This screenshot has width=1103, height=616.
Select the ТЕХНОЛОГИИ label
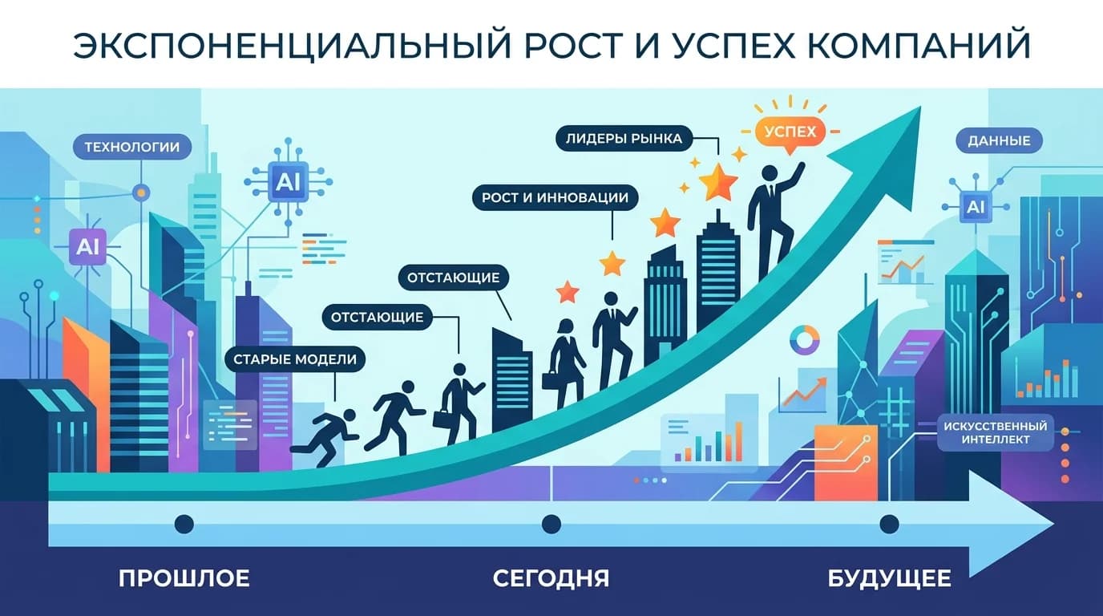pos(132,147)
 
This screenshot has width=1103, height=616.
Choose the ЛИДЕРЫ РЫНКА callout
pos(624,139)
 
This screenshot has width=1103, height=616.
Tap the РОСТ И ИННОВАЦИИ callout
pos(555,197)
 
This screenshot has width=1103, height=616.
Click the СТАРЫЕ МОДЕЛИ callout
pos(295,359)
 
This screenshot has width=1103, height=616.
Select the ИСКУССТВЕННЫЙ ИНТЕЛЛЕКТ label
pos(997,432)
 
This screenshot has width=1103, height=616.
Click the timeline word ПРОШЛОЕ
pos(184,577)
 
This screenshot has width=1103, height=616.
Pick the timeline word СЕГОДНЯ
pos(551,577)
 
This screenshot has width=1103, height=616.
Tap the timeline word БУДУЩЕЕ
pos(889,577)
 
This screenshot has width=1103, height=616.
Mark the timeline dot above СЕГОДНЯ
pos(551,524)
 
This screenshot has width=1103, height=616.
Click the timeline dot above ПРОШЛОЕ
pos(184,524)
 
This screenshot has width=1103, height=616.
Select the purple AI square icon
pos(87,248)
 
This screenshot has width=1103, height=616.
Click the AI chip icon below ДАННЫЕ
pos(976,207)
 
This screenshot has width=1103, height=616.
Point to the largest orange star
pos(717,182)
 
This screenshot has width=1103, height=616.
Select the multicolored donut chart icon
pos(804,339)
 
